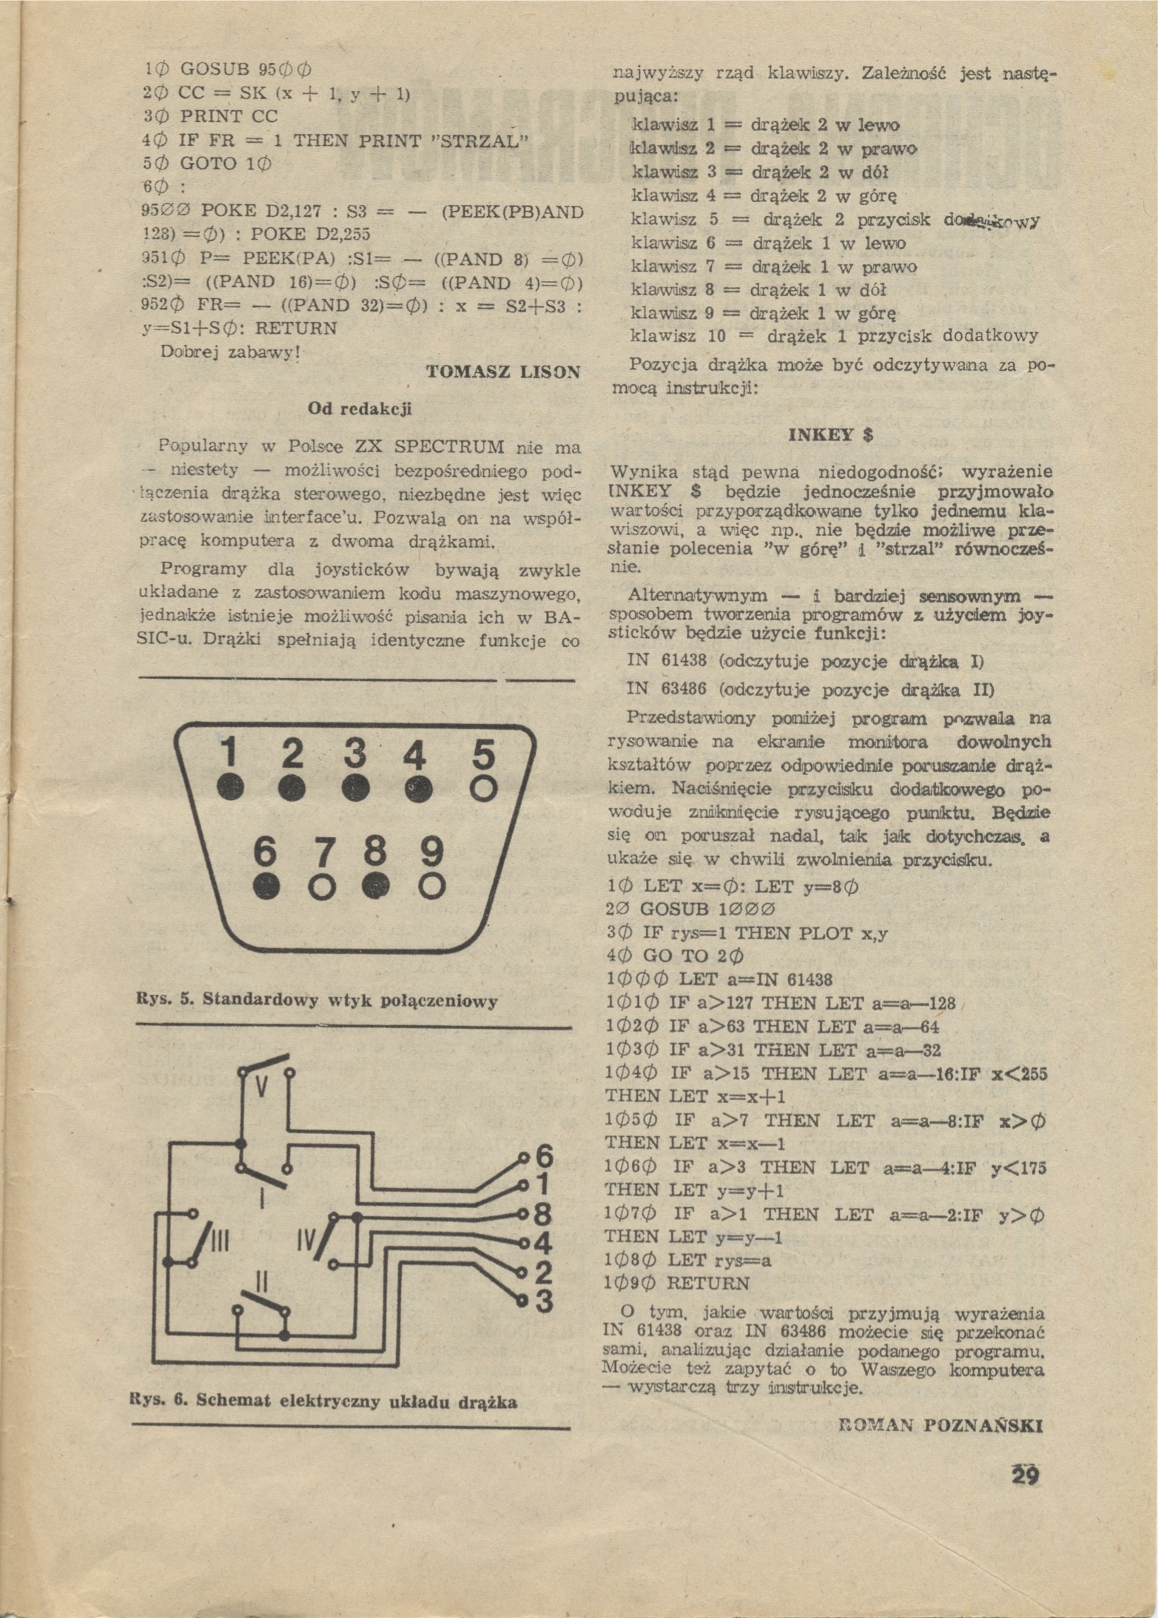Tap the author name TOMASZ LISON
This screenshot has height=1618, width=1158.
pyautogui.click(x=503, y=372)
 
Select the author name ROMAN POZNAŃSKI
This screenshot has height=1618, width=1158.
pyautogui.click(x=942, y=1426)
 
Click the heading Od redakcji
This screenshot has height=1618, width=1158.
pyautogui.click(x=360, y=409)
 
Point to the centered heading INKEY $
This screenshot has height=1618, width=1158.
pyautogui.click(x=831, y=434)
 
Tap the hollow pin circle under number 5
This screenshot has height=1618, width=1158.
pyautogui.click(x=483, y=790)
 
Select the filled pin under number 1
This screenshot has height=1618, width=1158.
pyautogui.click(x=231, y=788)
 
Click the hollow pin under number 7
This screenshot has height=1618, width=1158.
pyautogui.click(x=323, y=887)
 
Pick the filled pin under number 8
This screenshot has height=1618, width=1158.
pyautogui.click(x=376, y=885)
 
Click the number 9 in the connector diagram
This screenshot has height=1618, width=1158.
pyautogui.click(x=431, y=851)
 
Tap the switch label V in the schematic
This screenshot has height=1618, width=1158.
pyautogui.click(x=262, y=1087)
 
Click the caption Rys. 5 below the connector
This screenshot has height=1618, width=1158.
pyautogui.click(x=317, y=1001)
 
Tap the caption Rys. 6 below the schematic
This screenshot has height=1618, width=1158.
pyautogui.click(x=323, y=1401)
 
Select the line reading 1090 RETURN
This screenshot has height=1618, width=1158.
pyautogui.click(x=678, y=1283)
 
